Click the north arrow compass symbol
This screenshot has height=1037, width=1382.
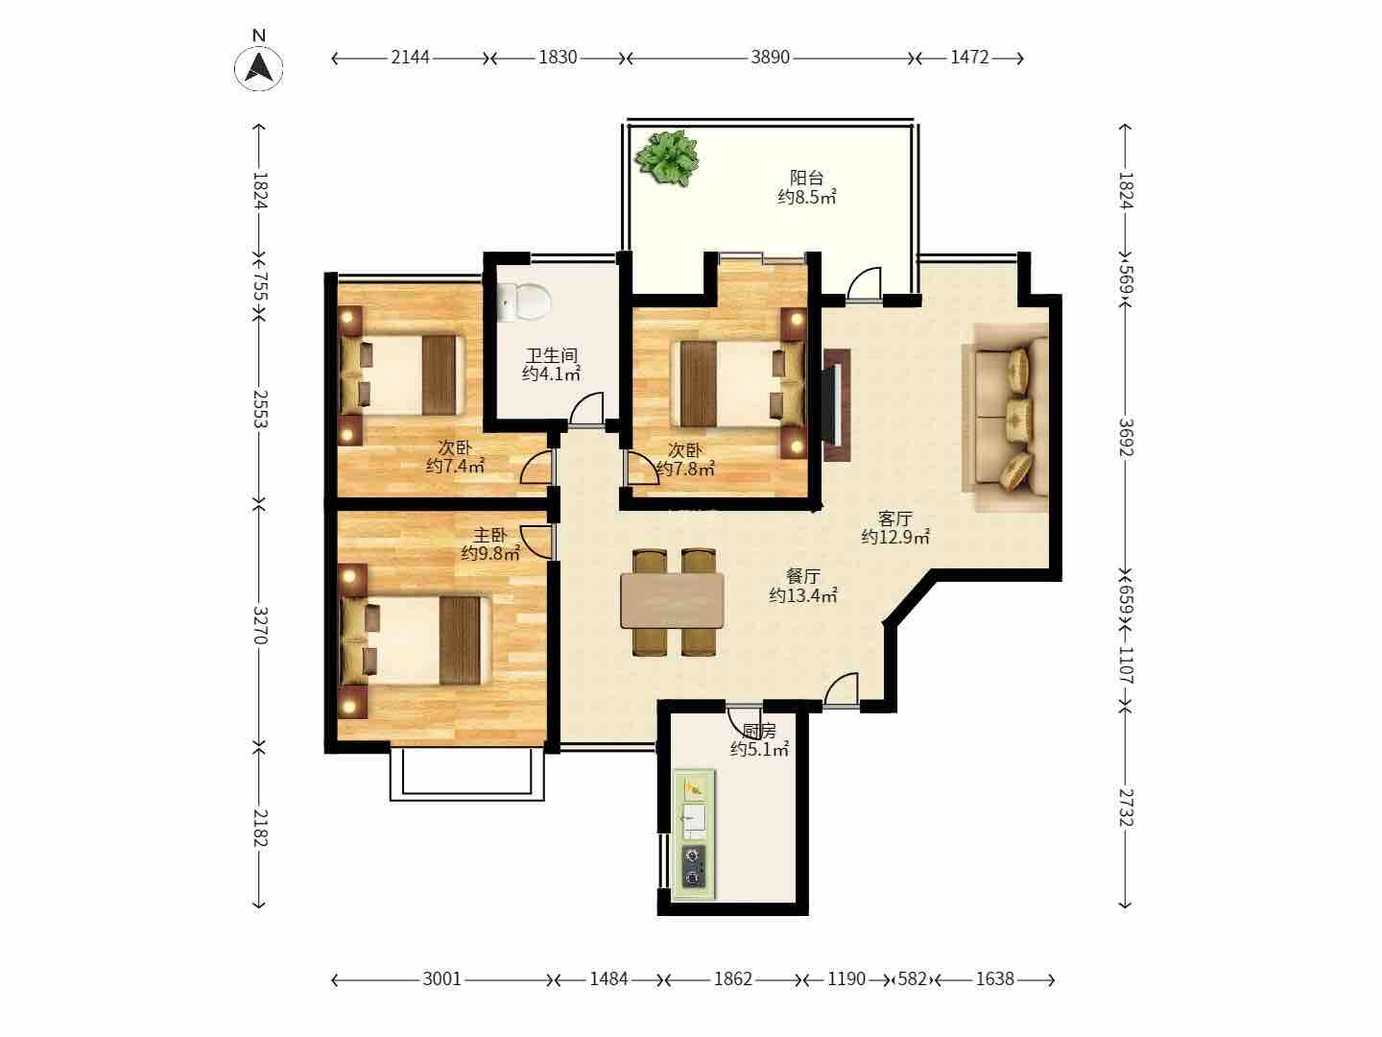pos(258,67)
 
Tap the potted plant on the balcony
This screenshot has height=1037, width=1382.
pos(667,158)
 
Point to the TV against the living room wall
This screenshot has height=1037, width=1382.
pos(836,406)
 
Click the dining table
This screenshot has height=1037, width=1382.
pos(672,600)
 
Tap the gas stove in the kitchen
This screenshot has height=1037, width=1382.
pos(694,868)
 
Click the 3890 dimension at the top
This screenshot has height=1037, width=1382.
pos(770,58)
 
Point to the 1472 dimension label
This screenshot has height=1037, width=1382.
pos(969,58)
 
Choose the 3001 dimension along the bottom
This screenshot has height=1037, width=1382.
pos(441,979)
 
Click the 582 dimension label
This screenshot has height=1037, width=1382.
pos(913,979)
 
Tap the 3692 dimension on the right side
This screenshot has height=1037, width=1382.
pos(1126,438)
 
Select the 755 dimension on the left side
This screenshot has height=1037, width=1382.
pos(260,286)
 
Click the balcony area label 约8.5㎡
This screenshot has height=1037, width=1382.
pos(806,197)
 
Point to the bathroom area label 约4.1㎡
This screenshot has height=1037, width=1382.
pos(551,374)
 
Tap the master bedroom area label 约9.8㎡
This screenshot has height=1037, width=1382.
pos(490,553)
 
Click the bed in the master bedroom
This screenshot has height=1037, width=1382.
pos(416,640)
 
